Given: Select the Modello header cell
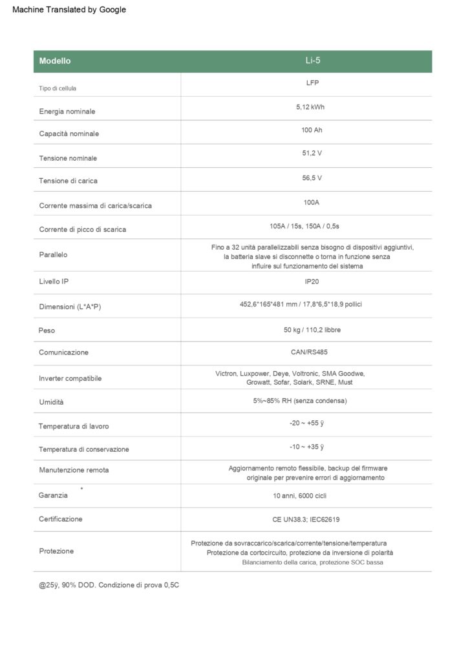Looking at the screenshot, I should point(55,61).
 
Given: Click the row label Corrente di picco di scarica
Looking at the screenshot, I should point(82,229).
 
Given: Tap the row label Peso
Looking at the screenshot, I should point(47,330).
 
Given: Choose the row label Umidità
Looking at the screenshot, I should point(51,402).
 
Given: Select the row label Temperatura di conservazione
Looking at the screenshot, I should point(84,449).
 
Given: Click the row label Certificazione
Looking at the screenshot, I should point(61,518).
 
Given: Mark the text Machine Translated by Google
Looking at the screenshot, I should point(69,10).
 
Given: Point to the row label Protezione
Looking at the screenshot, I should point(56,551).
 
